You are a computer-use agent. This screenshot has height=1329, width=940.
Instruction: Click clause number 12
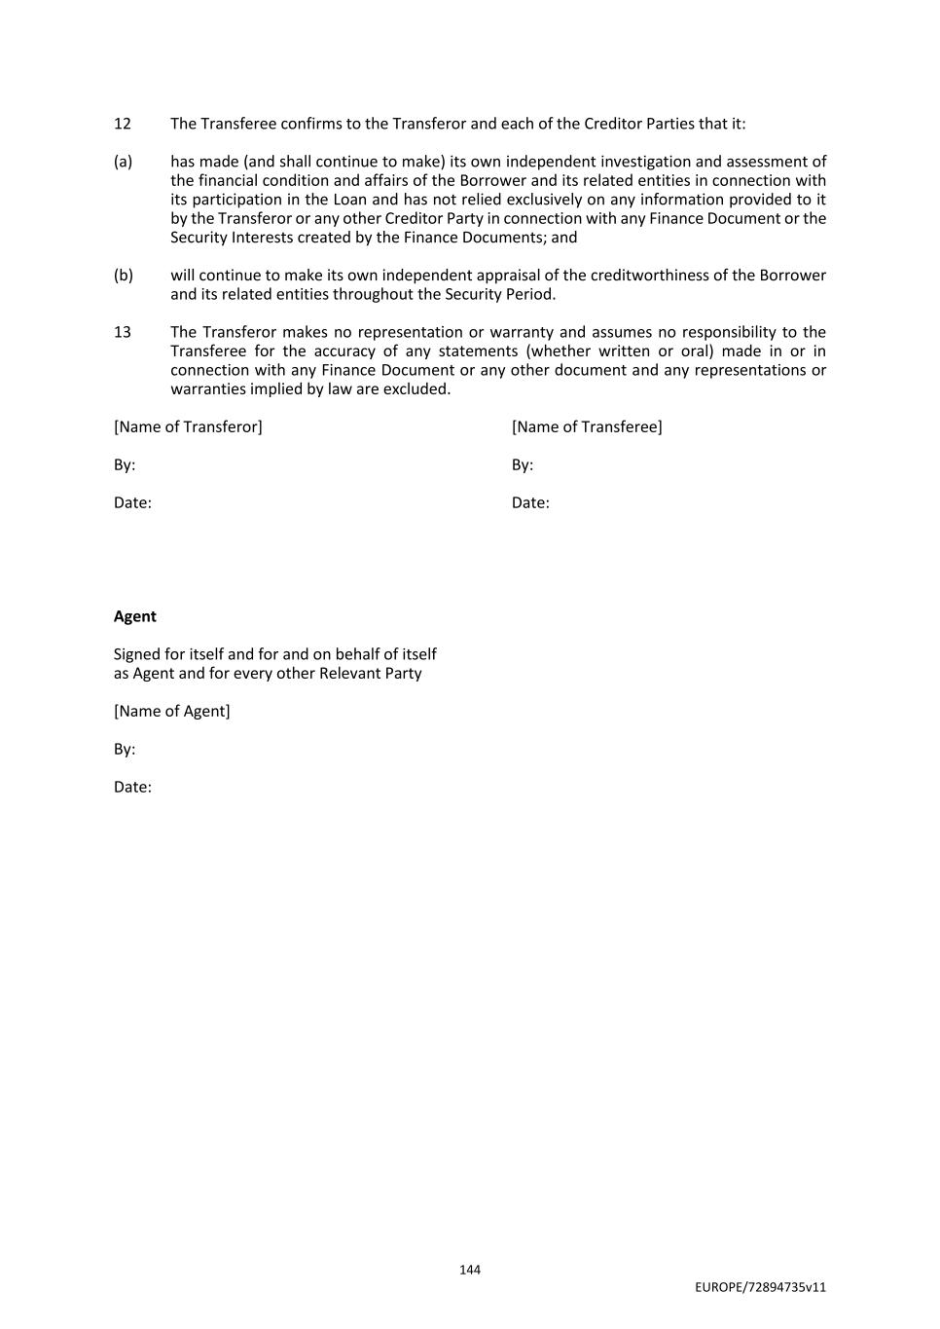click(x=122, y=124)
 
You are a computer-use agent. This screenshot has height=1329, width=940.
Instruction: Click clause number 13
click(x=122, y=332)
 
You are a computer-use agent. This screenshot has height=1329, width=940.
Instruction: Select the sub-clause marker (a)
click(x=123, y=162)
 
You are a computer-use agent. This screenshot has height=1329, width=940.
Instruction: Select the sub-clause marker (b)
click(x=123, y=276)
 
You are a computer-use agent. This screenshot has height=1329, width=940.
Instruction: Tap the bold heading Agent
click(x=134, y=616)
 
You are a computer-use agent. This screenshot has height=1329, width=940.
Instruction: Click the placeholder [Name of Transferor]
click(x=188, y=426)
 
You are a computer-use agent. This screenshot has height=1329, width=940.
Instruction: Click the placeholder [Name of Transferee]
click(x=587, y=426)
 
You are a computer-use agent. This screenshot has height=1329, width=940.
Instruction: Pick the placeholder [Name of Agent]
click(x=172, y=711)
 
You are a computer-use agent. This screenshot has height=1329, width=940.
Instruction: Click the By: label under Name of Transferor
click(x=125, y=464)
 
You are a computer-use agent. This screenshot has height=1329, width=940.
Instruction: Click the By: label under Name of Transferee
click(x=523, y=464)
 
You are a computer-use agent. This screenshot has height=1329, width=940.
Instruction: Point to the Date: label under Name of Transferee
click(x=530, y=502)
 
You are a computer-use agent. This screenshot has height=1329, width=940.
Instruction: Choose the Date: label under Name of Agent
click(x=132, y=787)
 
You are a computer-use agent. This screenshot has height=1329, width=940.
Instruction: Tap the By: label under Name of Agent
click(x=125, y=749)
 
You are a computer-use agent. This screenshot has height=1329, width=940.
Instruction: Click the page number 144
click(x=470, y=1270)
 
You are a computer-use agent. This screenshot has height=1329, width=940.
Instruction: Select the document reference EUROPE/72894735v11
click(x=760, y=1287)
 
